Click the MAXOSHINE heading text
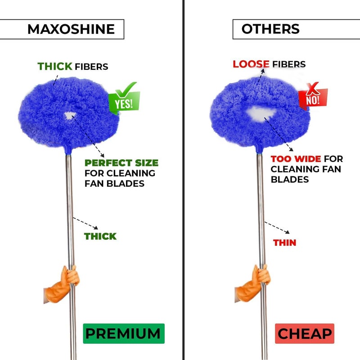coord(71,29)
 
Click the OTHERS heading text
coord(270,29)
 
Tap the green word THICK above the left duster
coord(55,66)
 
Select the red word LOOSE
coord(251,64)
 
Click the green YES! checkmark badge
coord(125,98)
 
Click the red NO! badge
coord(313,96)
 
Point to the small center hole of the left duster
coord(69,116)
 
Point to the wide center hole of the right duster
coord(261,114)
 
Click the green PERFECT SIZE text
coord(121,163)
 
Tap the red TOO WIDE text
coord(296,159)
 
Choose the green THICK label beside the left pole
coord(100,236)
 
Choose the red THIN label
coord(285,243)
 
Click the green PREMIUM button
coord(124,333)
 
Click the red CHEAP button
coord(305,333)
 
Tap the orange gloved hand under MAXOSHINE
coord(62,285)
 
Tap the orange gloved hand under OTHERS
coord(252,283)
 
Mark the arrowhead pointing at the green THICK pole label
coord(96,228)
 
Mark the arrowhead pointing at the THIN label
coord(287,232)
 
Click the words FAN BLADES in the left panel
coord(115,184)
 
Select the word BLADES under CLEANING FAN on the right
coord(290,179)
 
